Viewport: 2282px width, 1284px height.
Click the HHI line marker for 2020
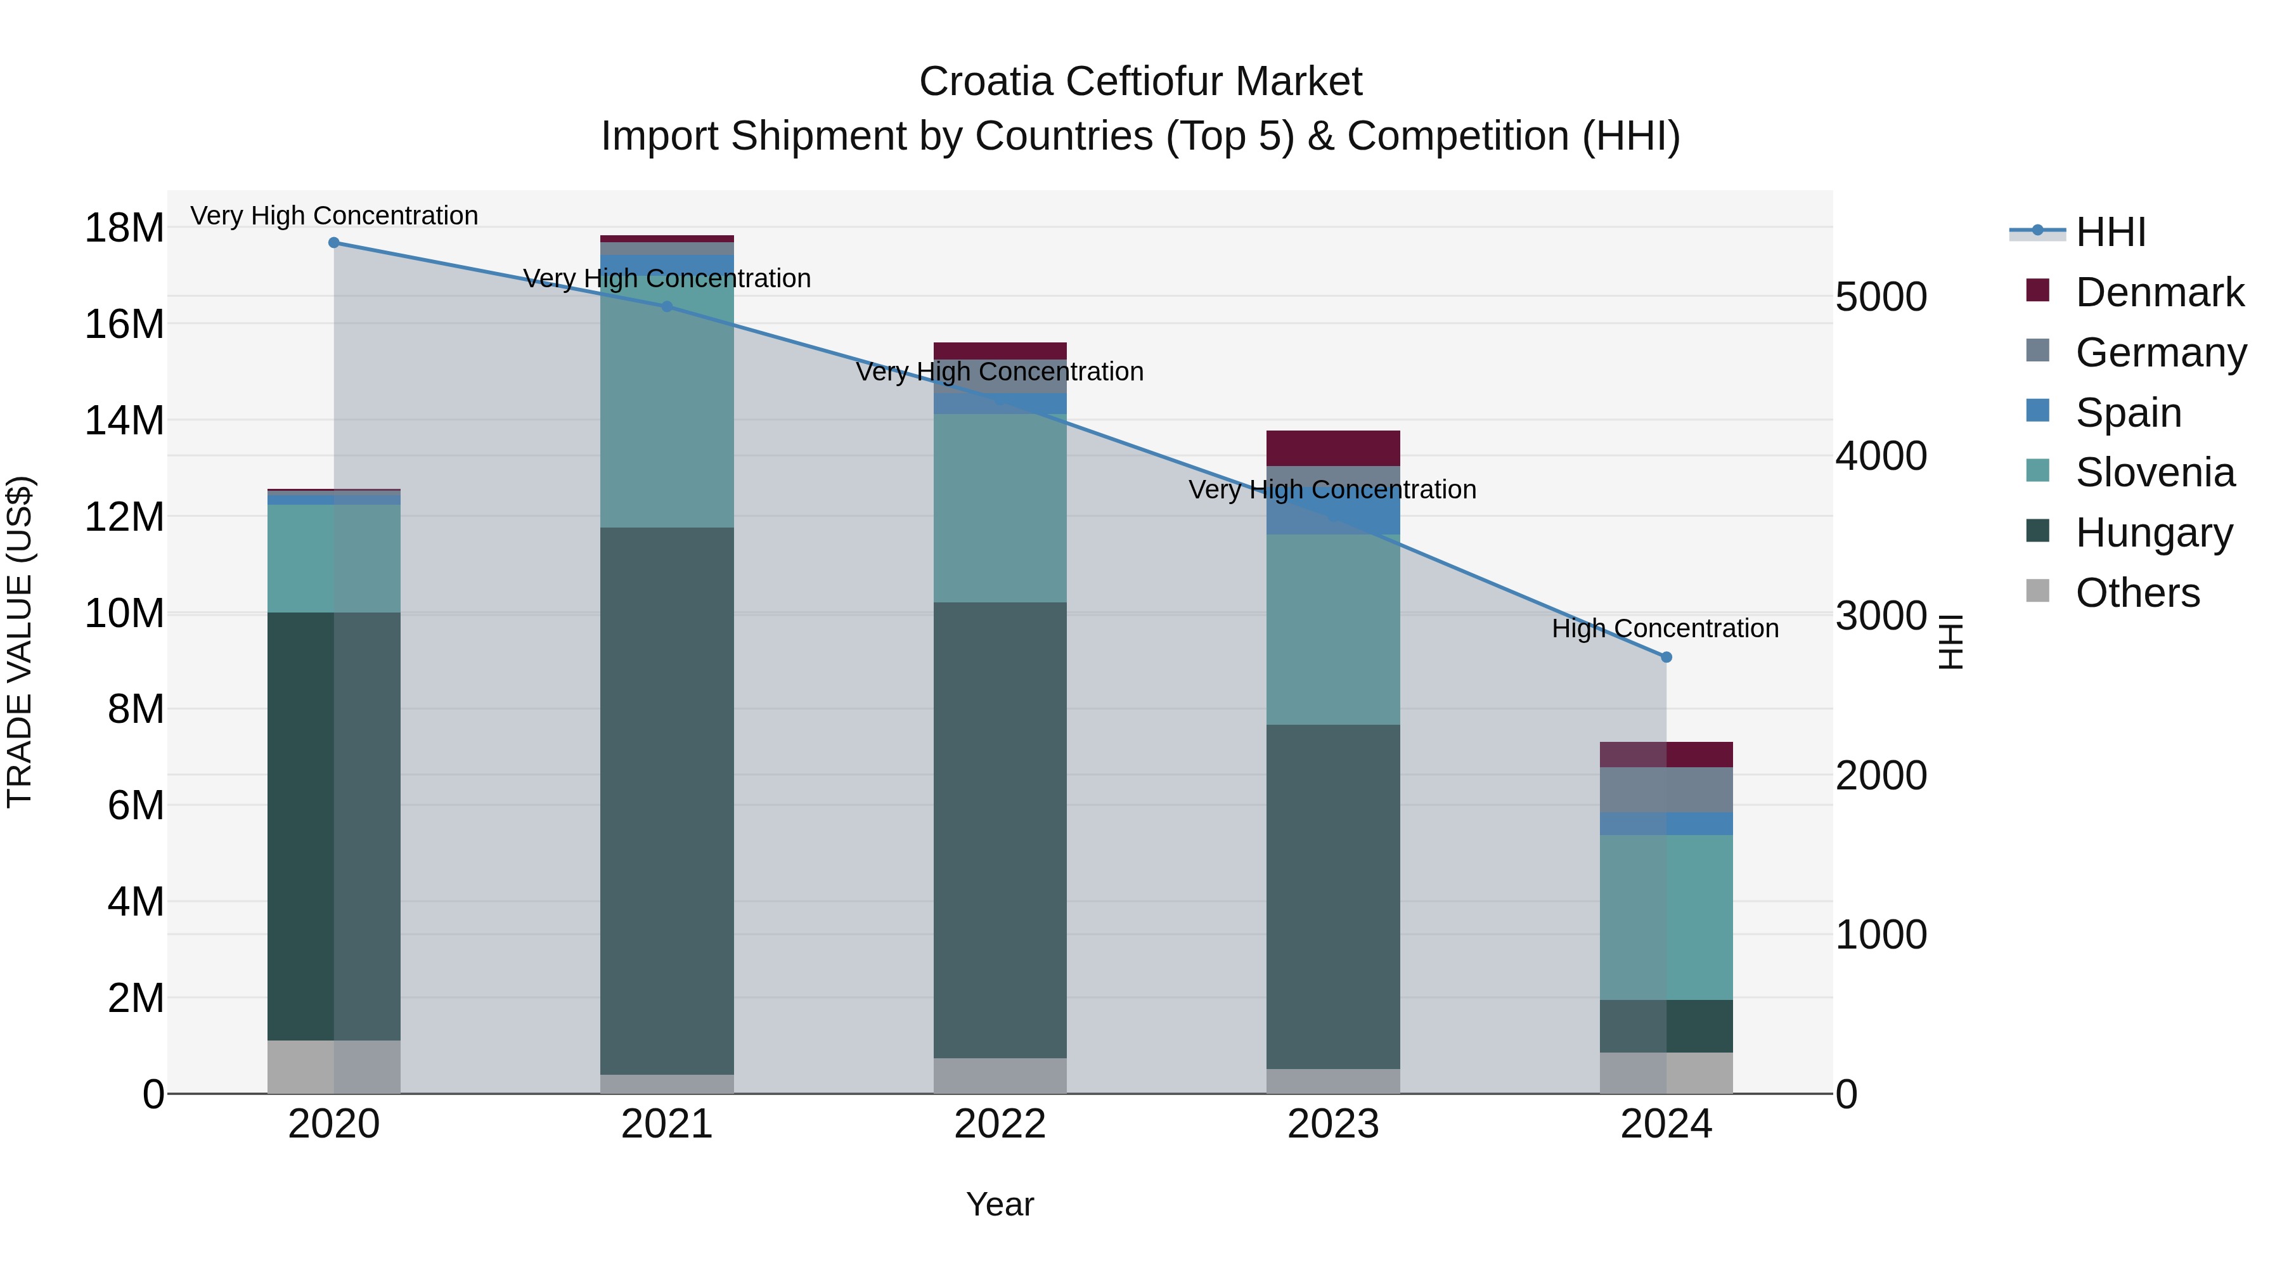point(334,243)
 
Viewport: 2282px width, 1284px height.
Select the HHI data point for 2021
point(667,307)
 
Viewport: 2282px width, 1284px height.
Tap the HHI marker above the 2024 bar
point(1666,658)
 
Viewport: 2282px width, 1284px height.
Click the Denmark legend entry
point(2159,292)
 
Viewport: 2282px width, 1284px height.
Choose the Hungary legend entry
point(2153,533)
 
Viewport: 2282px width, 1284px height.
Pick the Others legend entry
point(2137,593)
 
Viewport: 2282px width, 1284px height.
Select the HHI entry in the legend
point(2110,232)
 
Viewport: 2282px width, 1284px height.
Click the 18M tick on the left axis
point(124,229)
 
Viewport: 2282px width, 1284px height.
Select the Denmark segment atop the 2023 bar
point(1333,448)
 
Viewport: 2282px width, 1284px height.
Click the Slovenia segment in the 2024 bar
point(1666,917)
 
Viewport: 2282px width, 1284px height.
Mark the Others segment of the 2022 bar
point(1000,1076)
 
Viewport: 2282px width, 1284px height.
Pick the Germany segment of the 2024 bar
point(1666,789)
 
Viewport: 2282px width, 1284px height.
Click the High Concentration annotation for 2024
point(1665,629)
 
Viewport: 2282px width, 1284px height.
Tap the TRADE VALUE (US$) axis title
point(20,642)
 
